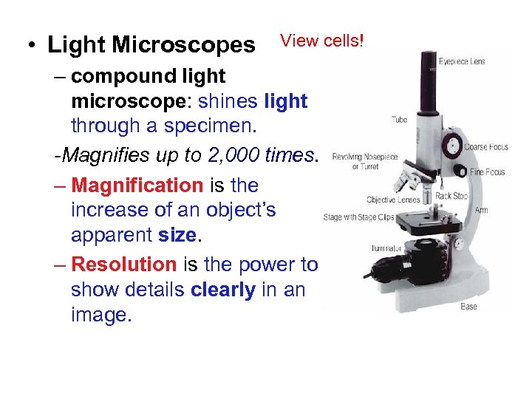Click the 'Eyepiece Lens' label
463,61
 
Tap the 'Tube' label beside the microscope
399,120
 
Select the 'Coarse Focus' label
486,147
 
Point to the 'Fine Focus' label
488,172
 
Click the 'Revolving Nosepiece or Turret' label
365,161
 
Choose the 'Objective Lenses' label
393,199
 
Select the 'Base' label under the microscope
468,306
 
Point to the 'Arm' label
481,210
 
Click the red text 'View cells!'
322,41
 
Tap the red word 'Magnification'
137,185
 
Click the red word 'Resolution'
124,265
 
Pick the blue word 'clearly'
222,290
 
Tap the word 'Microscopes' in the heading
183,45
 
